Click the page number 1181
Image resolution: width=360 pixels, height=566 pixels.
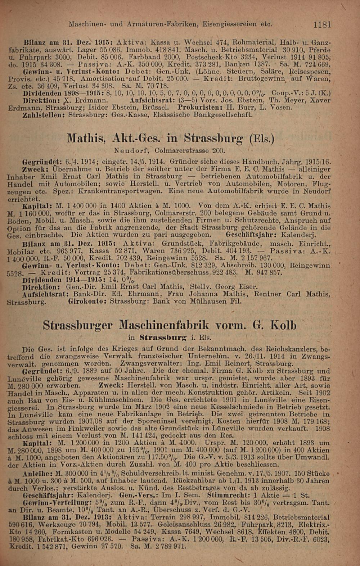(322, 25)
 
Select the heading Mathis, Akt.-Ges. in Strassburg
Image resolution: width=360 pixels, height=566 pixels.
(171, 138)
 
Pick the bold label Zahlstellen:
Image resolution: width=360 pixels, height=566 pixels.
(44, 115)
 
